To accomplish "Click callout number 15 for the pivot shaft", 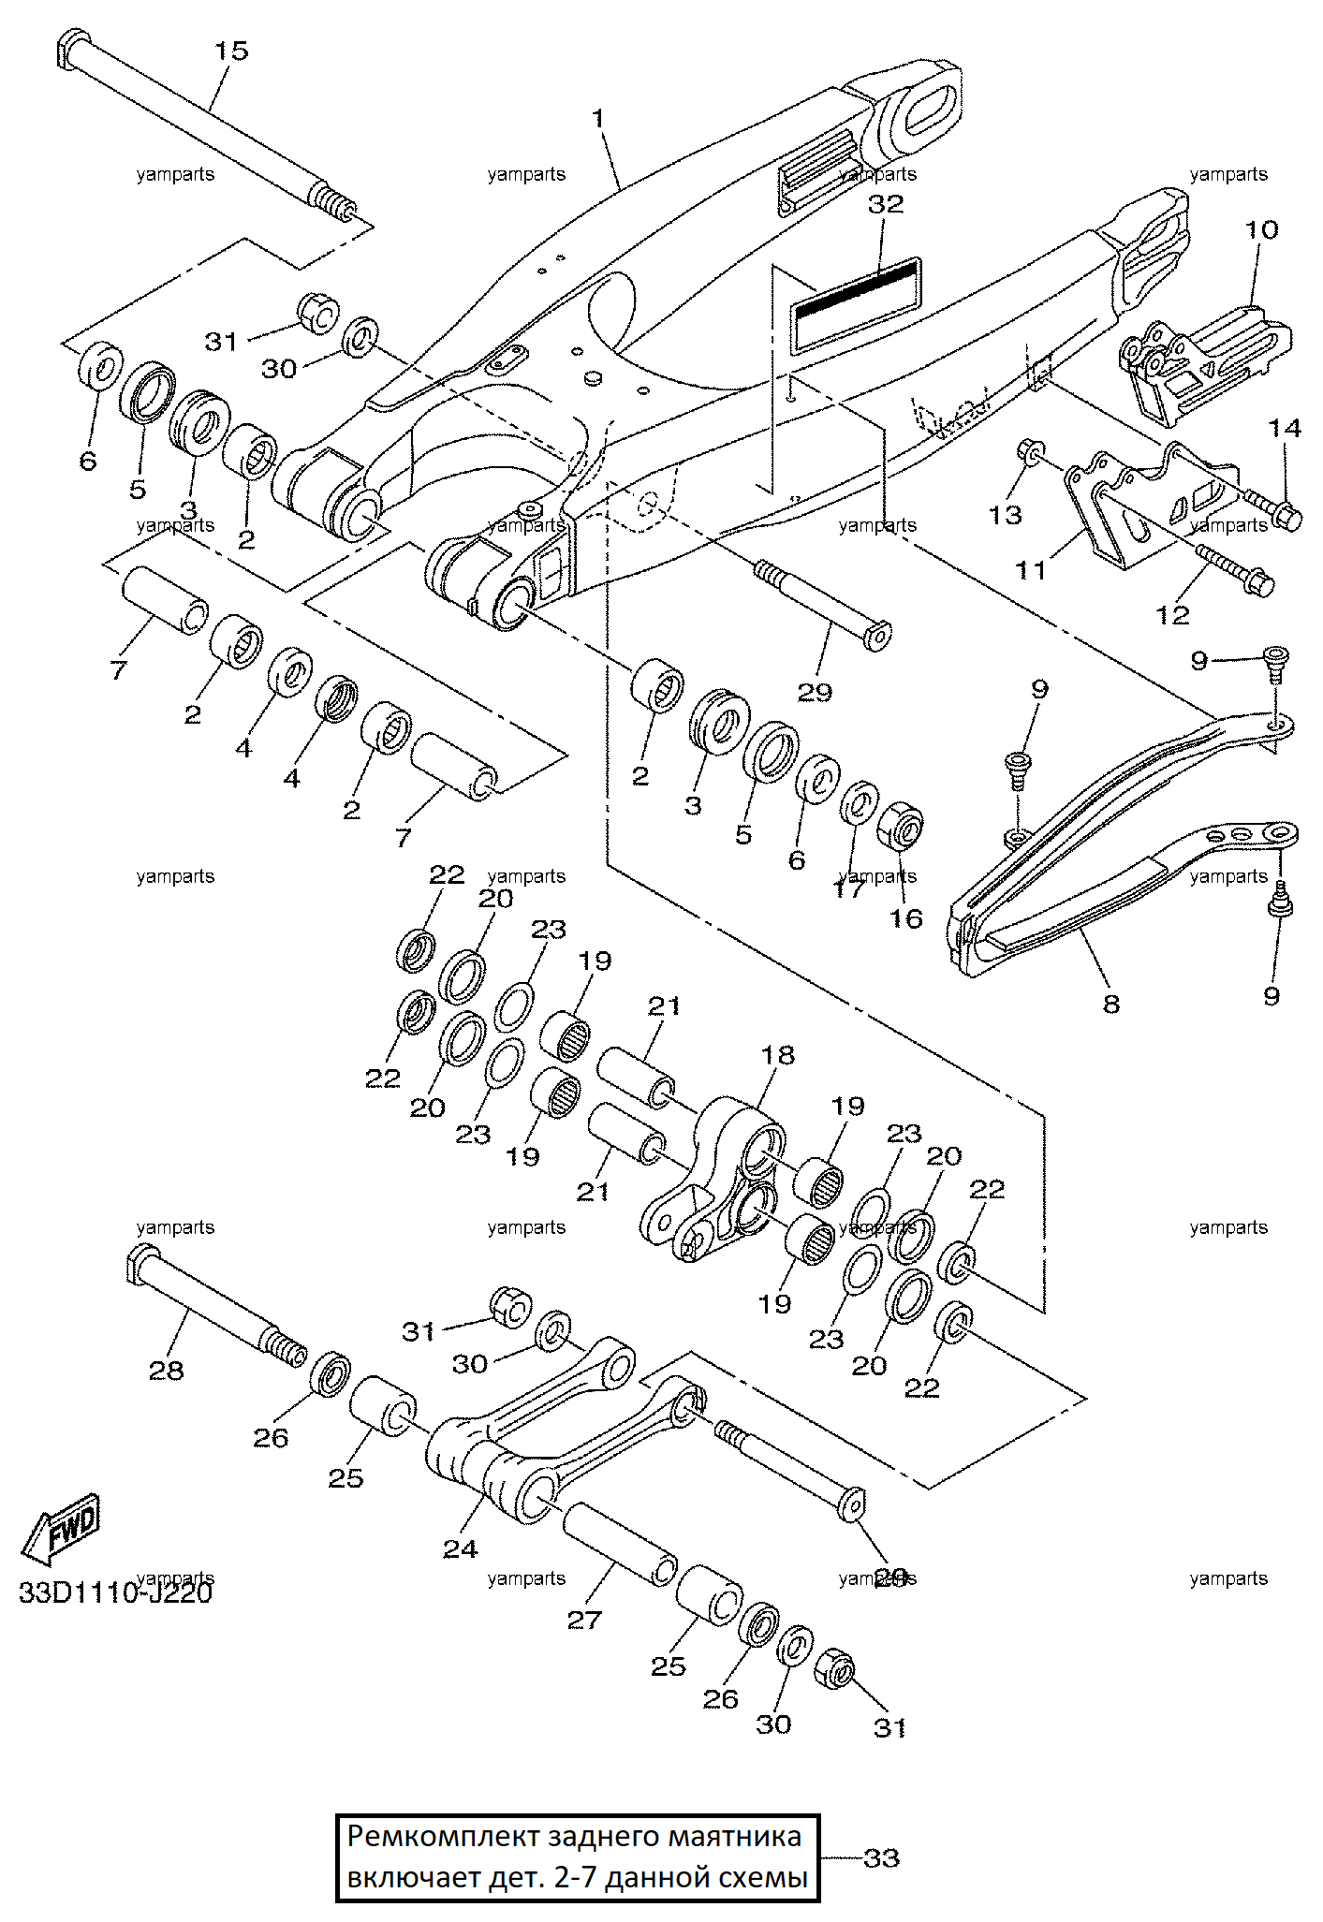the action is point(231,51).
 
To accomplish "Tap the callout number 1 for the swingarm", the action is point(598,119).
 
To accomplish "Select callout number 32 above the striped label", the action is point(885,204).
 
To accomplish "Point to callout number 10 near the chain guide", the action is point(1261,229).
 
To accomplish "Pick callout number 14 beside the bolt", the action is point(1285,428).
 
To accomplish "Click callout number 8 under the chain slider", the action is point(1110,1005).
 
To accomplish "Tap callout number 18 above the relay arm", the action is point(777,1055).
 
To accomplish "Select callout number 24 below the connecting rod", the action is point(460,1549).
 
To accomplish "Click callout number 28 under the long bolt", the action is point(167,1371).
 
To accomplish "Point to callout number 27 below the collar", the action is point(584,1621).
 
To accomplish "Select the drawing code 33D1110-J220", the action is point(115,1592).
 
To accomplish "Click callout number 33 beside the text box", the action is point(880,1857).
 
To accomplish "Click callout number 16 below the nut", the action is point(905,918).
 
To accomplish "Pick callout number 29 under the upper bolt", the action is point(814,692).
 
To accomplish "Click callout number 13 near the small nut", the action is point(1005,514).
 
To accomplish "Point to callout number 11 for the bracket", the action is point(1030,570).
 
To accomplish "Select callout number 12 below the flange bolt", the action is point(1172,614).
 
